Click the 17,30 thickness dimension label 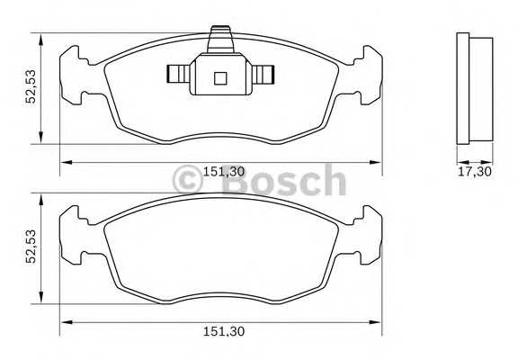[475, 172]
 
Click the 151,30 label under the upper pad [224, 172]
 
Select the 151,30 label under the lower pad [224, 331]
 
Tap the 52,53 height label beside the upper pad [31, 86]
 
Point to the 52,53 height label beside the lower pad [31, 247]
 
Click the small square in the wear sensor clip [220, 78]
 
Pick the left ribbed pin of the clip [178, 74]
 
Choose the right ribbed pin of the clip [263, 74]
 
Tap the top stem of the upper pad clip [220, 40]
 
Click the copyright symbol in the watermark [187, 180]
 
